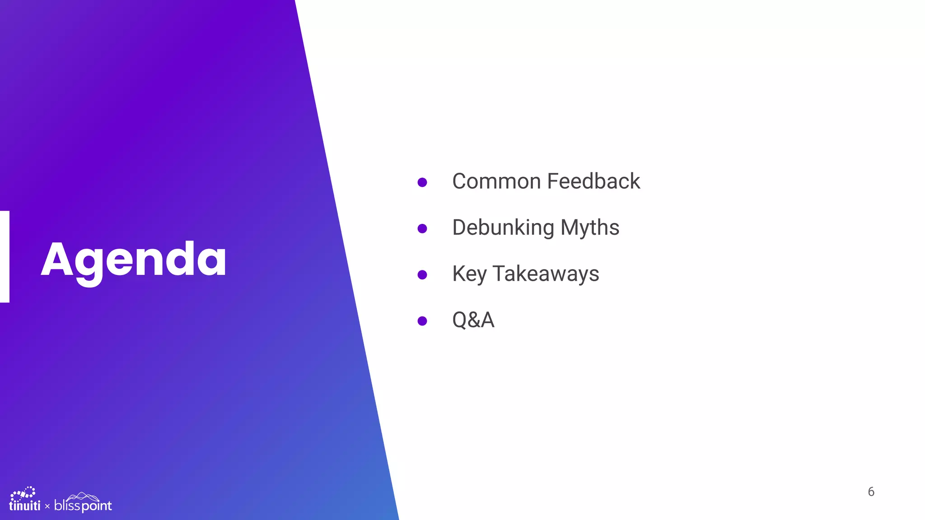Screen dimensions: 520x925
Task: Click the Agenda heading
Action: (134, 260)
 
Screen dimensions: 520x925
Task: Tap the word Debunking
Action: (503, 228)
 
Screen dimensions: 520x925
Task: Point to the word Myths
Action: (590, 228)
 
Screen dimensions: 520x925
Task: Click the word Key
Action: (469, 274)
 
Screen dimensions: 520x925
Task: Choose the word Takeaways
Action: (546, 274)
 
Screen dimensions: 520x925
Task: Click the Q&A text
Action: (473, 320)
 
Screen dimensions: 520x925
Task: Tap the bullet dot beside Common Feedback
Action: (422, 182)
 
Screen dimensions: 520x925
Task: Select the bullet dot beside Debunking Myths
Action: (422, 228)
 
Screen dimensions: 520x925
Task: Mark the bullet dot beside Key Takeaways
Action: (422, 275)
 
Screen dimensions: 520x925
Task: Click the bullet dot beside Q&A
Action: (422, 321)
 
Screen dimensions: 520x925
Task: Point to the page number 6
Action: (871, 492)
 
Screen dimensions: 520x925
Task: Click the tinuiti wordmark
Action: (25, 506)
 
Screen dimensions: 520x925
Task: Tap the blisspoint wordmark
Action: (83, 506)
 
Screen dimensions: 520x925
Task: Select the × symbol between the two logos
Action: (47, 507)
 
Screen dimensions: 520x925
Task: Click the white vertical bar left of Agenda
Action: (5, 256)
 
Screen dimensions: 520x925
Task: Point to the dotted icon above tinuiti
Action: (23, 493)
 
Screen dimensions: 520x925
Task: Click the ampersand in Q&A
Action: (474, 320)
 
